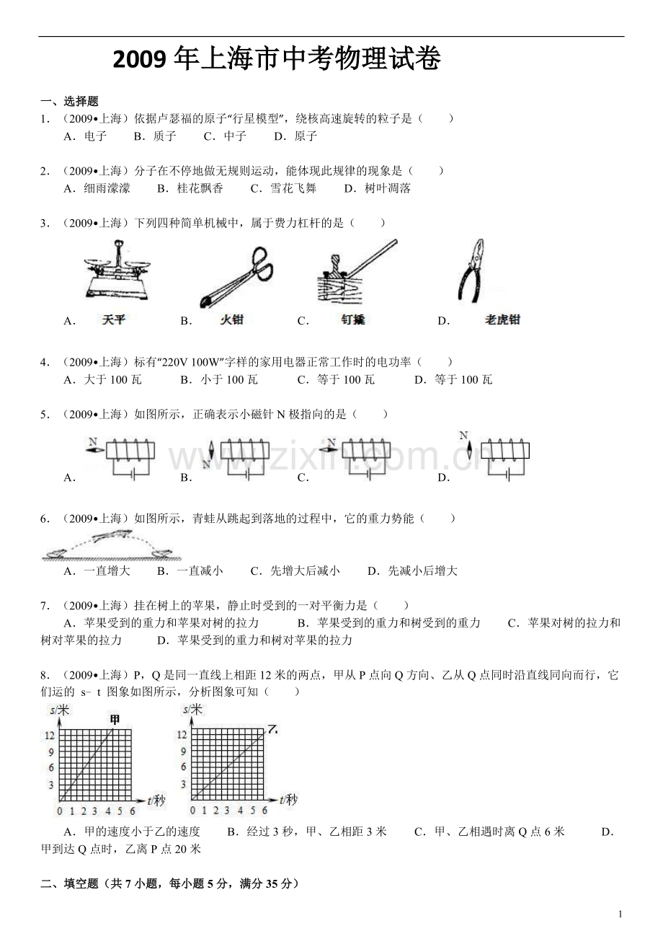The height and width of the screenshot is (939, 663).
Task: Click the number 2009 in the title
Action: click(x=142, y=60)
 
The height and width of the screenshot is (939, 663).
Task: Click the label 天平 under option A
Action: click(x=114, y=319)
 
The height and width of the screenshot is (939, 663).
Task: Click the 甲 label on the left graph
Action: click(x=115, y=718)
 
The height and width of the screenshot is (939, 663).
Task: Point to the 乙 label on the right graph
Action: click(x=272, y=729)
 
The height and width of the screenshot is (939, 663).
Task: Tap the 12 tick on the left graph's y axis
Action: click(x=48, y=735)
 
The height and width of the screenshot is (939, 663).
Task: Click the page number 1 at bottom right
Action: click(x=620, y=914)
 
